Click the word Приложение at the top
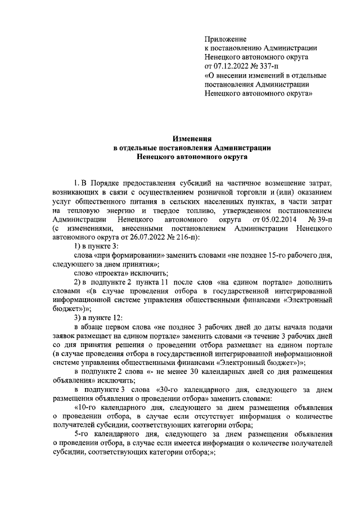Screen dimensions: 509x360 225,39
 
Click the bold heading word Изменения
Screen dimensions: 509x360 192,138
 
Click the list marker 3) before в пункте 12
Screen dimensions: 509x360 78,318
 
